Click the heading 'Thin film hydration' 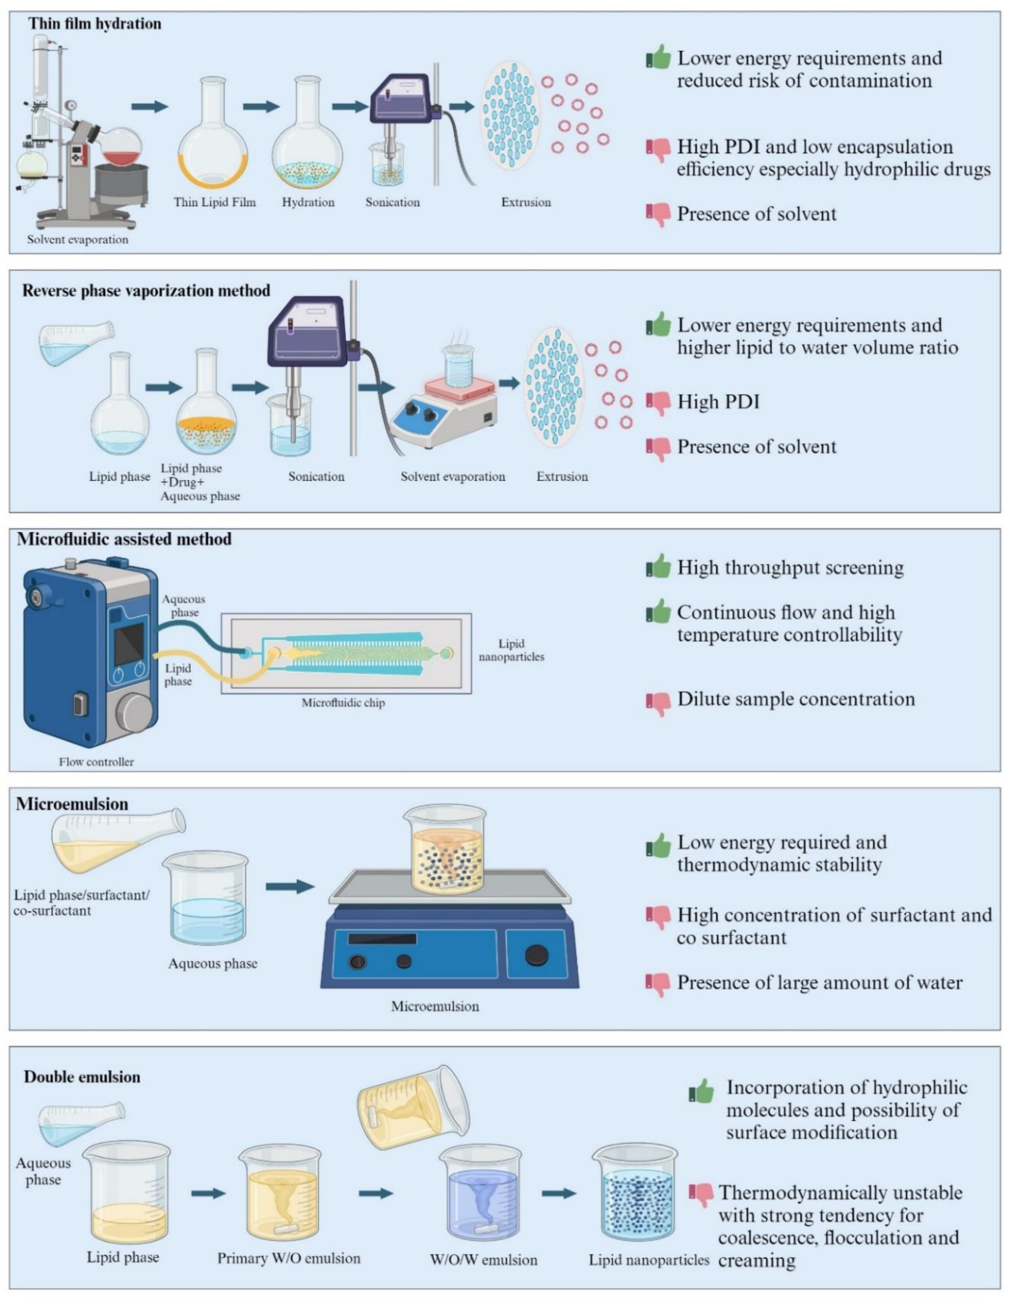(x=95, y=24)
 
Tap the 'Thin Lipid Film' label (x=215, y=202)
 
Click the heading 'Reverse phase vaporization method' (x=146, y=291)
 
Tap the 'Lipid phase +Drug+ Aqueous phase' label (x=200, y=482)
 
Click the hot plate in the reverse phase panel (x=443, y=411)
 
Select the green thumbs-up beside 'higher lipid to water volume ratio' (x=658, y=325)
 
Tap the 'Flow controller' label (x=96, y=762)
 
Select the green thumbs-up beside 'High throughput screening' (x=658, y=566)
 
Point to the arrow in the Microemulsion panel (x=290, y=887)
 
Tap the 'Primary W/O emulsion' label (x=289, y=1258)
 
